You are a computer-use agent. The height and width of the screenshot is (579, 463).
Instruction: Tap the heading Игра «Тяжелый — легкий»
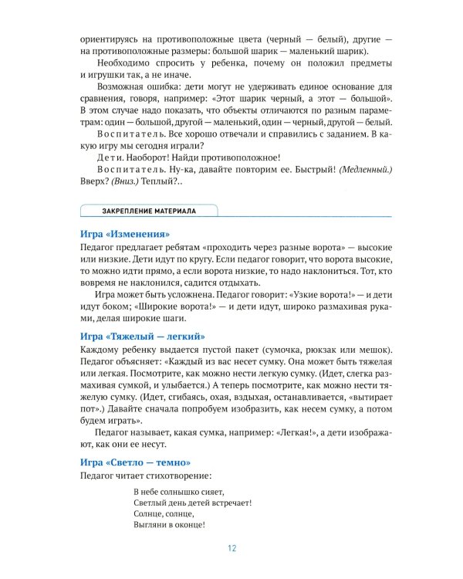pos(141,336)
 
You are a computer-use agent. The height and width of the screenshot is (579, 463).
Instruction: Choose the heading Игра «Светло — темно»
pos(135,462)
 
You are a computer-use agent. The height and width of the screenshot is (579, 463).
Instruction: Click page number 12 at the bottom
pos(231,550)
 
